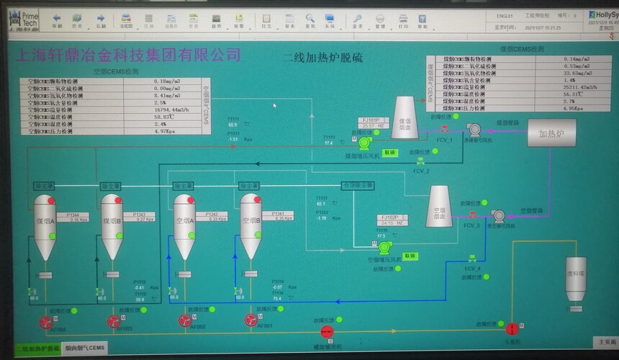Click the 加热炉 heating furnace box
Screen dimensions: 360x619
point(553,133)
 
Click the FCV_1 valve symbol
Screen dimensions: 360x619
point(445,130)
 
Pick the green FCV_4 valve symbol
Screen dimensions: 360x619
point(471,258)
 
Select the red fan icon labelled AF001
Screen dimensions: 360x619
point(250,320)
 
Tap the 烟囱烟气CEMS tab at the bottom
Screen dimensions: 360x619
point(85,348)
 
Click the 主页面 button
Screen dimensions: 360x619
point(603,341)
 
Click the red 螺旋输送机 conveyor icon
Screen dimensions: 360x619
point(326,331)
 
